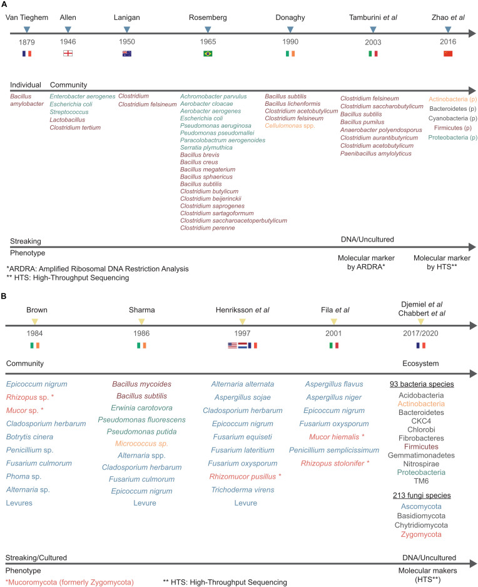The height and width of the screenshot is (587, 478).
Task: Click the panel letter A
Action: [5, 5]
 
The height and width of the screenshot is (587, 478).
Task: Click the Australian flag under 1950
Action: [127, 54]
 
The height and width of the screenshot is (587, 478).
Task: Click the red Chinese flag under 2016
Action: [447, 54]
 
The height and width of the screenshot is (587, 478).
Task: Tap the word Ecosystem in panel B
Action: [423, 362]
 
